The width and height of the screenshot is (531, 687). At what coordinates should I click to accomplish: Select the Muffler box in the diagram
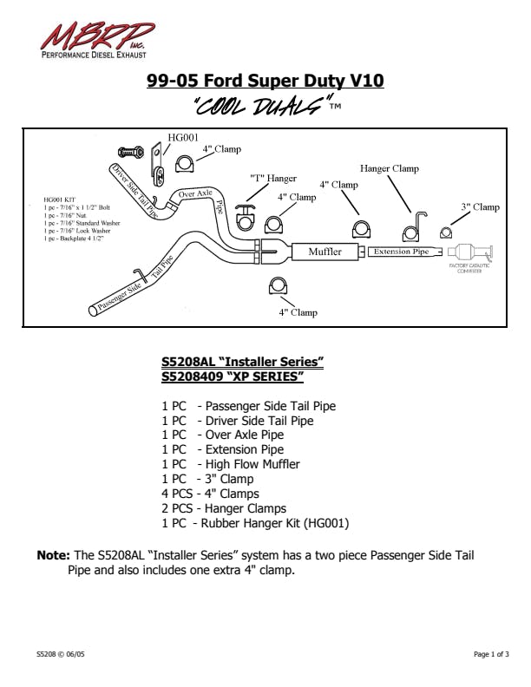[x=324, y=252]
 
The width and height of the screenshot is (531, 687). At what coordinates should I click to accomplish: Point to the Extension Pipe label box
[x=402, y=252]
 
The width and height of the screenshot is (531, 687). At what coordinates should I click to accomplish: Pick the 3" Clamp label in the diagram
[x=480, y=207]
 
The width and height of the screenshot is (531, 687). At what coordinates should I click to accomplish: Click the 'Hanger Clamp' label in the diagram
[x=390, y=168]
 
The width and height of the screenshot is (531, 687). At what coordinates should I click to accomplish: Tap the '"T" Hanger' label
[x=273, y=178]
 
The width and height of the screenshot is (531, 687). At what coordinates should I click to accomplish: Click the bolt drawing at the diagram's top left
[x=129, y=153]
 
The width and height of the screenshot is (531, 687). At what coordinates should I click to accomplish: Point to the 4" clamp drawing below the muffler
[x=278, y=288]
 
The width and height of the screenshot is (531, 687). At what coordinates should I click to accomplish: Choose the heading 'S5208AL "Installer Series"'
[x=243, y=361]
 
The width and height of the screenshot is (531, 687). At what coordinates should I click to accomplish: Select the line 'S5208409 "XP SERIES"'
[x=233, y=376]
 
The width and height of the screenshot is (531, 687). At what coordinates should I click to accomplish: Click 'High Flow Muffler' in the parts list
[x=252, y=464]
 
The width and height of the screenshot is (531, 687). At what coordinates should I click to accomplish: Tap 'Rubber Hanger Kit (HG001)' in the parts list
[x=277, y=523]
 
